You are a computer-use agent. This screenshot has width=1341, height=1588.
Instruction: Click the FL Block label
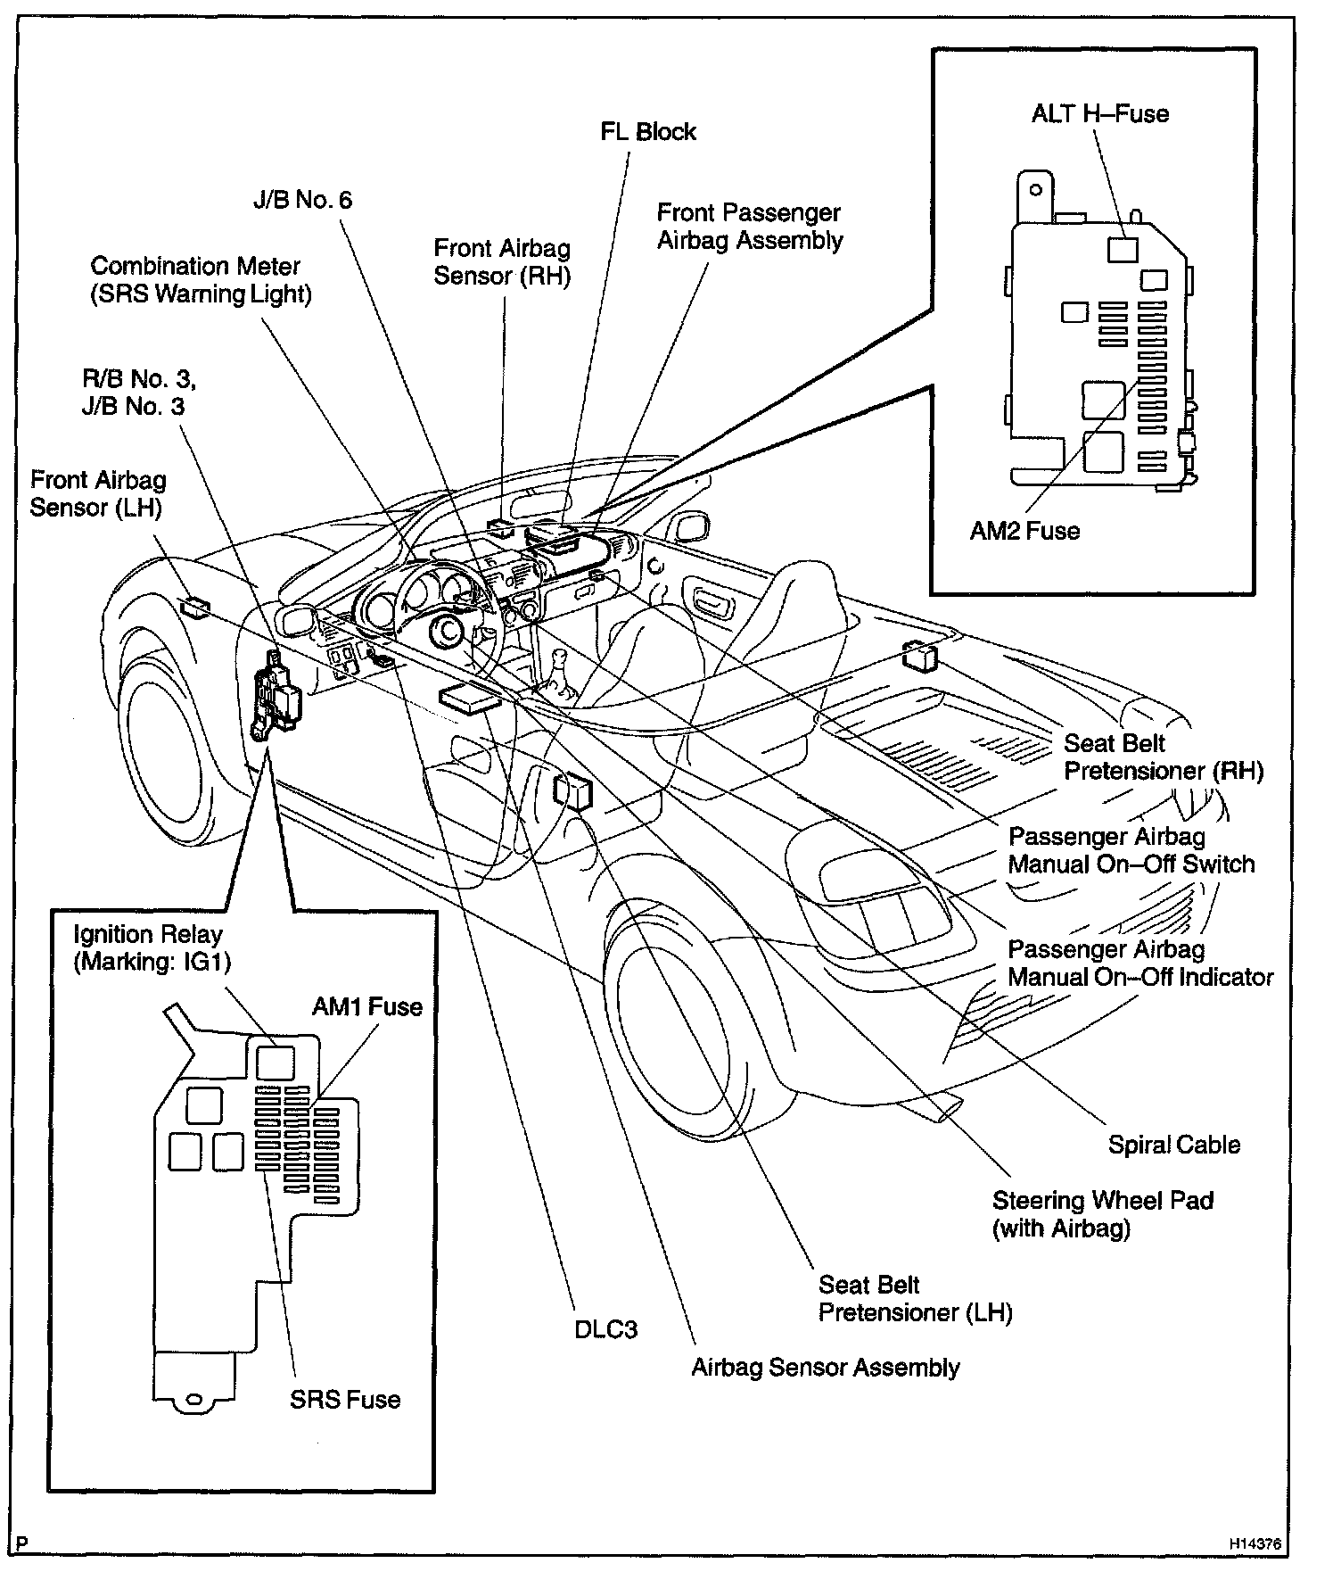pyautogui.click(x=647, y=132)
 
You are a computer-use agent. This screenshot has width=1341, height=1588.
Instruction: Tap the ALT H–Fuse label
pyautogui.click(x=1099, y=114)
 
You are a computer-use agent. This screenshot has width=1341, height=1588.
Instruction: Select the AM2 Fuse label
pyautogui.click(x=1024, y=531)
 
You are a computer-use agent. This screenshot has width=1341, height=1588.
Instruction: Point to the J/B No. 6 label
pyautogui.click(x=303, y=200)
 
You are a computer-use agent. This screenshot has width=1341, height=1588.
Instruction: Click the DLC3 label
pyautogui.click(x=605, y=1330)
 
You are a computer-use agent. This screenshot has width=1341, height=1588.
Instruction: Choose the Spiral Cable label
pyautogui.click(x=1173, y=1145)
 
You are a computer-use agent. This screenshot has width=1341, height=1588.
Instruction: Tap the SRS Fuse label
pyautogui.click(x=345, y=1400)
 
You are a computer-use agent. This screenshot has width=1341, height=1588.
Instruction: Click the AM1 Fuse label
pyautogui.click(x=366, y=1007)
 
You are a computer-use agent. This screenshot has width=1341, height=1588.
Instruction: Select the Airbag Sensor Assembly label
pyautogui.click(x=826, y=1368)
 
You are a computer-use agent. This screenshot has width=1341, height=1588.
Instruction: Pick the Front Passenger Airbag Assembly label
pyautogui.click(x=749, y=227)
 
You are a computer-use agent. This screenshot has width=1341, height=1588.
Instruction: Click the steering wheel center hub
pyautogui.click(x=445, y=632)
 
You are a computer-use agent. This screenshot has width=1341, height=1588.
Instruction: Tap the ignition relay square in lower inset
pyautogui.click(x=275, y=1062)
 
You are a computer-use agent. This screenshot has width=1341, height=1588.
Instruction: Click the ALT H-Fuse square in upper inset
pyautogui.click(x=1123, y=249)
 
